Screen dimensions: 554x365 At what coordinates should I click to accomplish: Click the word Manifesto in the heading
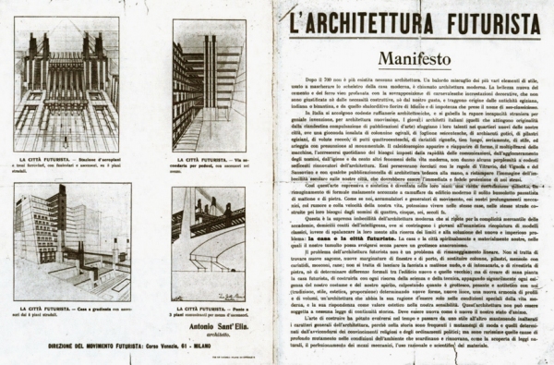[413, 58]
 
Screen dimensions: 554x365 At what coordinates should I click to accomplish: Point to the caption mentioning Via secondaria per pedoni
[212, 167]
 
